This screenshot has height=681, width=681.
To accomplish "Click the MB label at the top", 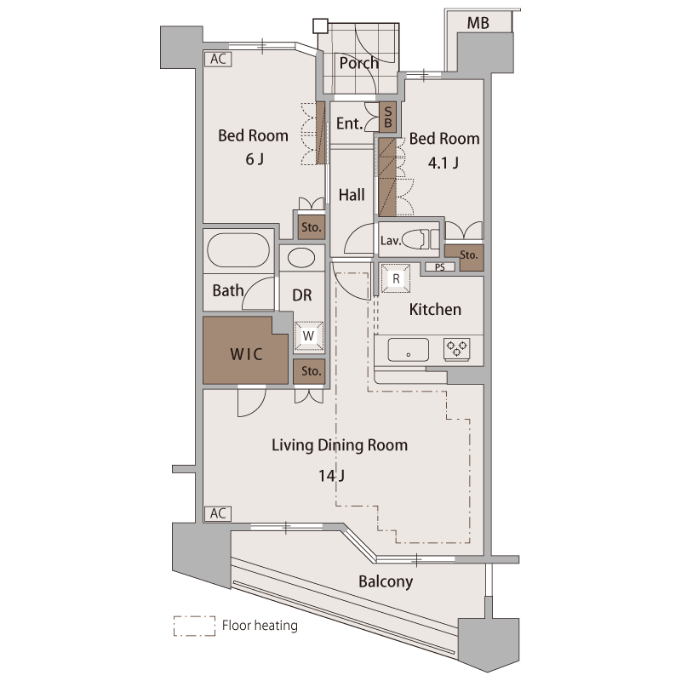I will click(478, 23).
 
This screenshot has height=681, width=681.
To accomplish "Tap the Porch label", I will click(358, 63).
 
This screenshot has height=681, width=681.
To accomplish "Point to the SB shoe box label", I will click(387, 117).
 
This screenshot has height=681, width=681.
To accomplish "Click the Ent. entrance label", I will click(349, 124).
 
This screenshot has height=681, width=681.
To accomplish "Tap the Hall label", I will click(352, 195).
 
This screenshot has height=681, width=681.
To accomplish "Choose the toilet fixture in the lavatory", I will click(421, 239).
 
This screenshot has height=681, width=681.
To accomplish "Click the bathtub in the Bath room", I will click(237, 252).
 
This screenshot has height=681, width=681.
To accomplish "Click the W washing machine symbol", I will click(309, 335).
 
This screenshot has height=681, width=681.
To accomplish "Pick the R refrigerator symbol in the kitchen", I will click(396, 278).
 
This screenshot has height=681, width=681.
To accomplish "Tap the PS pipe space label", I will click(439, 267).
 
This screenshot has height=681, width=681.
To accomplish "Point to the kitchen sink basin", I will click(408, 348).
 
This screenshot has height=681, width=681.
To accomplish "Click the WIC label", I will click(246, 353).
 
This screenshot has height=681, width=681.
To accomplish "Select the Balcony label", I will click(386, 582).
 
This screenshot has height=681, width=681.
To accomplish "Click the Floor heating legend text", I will click(259, 627).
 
